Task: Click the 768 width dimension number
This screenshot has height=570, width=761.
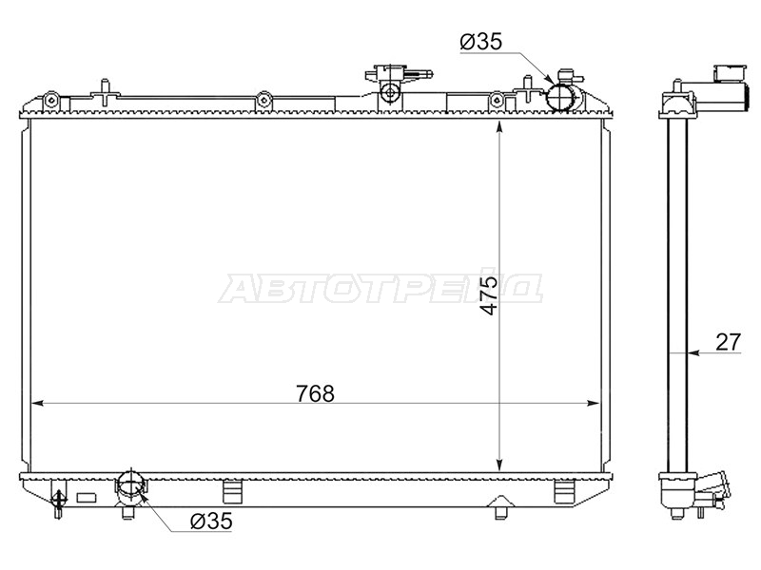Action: [315, 393]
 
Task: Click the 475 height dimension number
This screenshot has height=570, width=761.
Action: [490, 295]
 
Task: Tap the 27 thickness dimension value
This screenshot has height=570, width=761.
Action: [729, 342]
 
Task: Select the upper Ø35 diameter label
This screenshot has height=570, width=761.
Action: [481, 42]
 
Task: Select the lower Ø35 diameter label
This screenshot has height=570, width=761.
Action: [211, 522]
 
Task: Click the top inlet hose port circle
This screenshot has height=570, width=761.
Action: [560, 97]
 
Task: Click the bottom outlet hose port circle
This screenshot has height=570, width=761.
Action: [130, 484]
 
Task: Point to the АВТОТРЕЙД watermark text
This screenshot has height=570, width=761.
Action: [381, 289]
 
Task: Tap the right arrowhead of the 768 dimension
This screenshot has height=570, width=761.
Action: [595, 403]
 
